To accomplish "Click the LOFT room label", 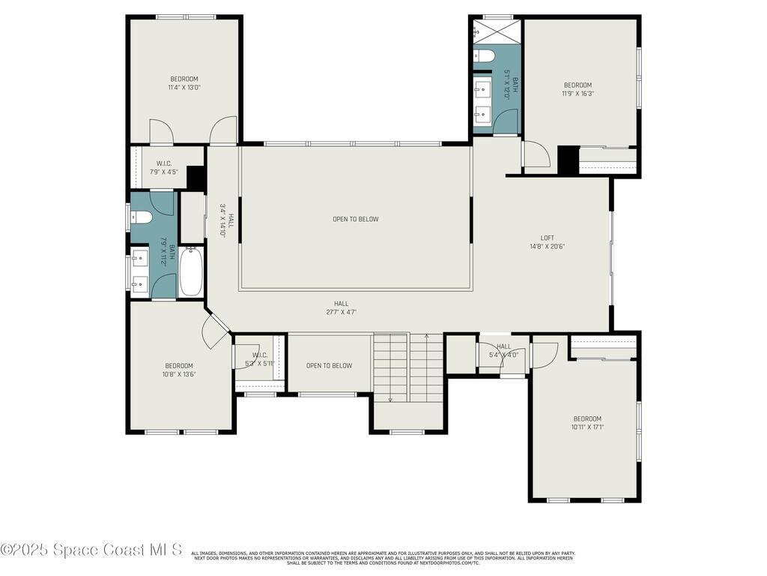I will pos(548,241).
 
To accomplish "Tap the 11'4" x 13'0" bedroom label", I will pos(184,82).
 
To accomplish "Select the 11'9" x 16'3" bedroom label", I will pos(577,89).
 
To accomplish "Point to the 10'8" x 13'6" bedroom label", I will pos(179,370).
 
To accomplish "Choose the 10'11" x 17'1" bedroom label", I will pos(587,422).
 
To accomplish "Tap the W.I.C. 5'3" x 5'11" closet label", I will pos(260,359).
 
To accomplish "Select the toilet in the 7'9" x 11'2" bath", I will pos(142,217).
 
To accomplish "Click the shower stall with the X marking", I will pos(495,31).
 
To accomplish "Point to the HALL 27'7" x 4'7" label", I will pos(342,307).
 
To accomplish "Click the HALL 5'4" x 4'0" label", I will pos(503,350).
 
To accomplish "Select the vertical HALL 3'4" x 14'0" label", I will pos(227,220).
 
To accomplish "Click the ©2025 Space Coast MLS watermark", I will pos(91,550).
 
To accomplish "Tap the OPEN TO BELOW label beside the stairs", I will pos(329,365).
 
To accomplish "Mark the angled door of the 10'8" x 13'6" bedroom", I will pos(217,328).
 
